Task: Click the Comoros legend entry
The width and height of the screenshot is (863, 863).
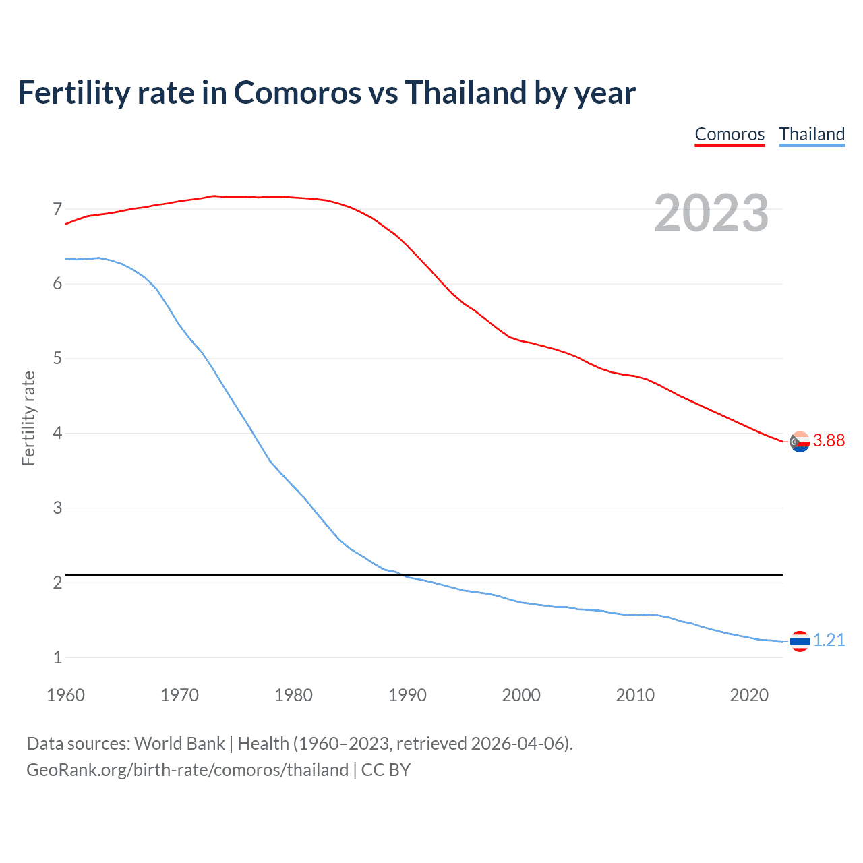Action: tap(730, 134)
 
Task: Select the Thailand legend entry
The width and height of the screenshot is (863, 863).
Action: tap(812, 134)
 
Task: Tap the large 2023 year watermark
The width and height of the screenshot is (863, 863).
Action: tap(711, 213)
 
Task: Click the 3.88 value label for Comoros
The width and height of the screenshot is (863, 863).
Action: tap(829, 440)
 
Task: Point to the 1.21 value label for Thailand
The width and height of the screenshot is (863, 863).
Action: tap(829, 640)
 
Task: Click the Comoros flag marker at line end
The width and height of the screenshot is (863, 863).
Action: tap(800, 442)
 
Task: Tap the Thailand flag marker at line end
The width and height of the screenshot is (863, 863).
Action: tap(800, 641)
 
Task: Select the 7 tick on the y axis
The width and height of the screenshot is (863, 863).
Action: tap(57, 209)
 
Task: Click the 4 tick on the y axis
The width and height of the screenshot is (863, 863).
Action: tap(57, 433)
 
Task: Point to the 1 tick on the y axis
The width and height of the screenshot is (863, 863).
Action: tap(57, 657)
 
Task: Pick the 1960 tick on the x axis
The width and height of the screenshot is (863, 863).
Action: tap(65, 695)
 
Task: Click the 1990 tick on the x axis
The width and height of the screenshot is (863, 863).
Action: tap(407, 695)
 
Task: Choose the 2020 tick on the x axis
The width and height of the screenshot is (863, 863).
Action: tap(749, 695)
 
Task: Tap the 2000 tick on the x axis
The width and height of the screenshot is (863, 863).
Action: tap(521, 695)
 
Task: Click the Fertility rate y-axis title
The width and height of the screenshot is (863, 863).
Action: tap(28, 418)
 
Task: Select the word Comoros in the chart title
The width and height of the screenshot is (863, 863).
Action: tap(297, 92)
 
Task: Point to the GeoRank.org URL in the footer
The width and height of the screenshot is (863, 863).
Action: tap(187, 770)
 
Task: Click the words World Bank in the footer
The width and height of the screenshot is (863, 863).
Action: tap(179, 744)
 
